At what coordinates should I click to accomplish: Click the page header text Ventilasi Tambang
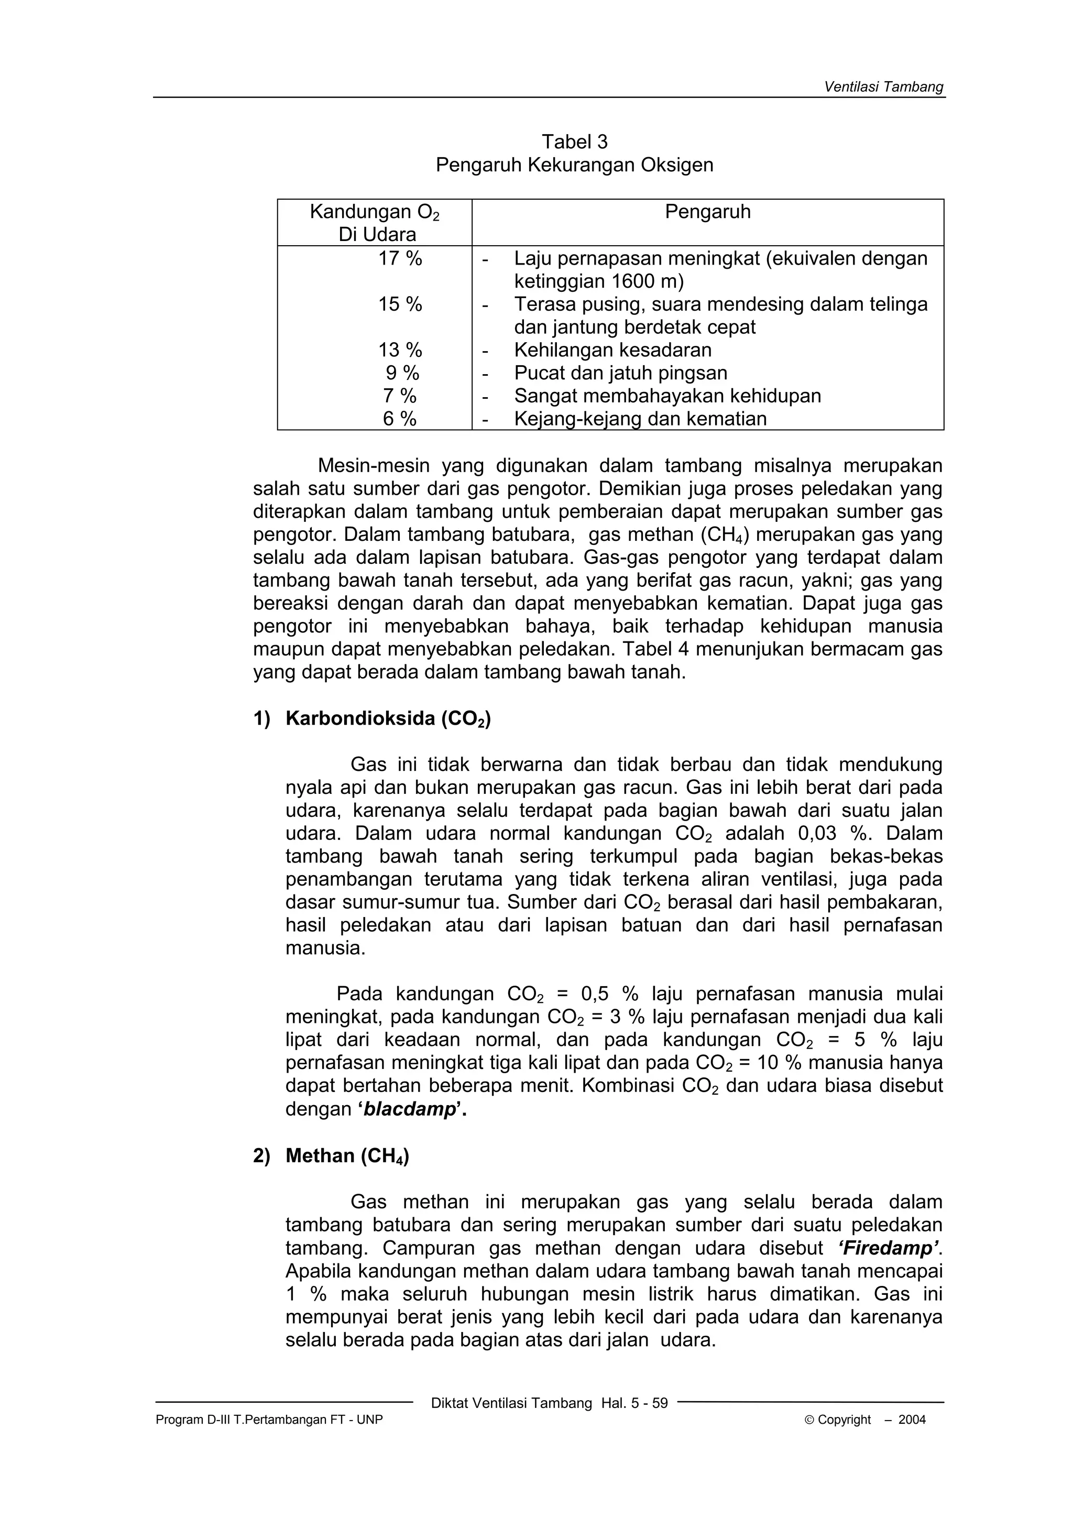(x=883, y=86)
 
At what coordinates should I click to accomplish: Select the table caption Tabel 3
(x=574, y=141)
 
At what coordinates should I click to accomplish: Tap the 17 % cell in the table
(x=400, y=258)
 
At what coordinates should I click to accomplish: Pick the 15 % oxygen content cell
(x=400, y=304)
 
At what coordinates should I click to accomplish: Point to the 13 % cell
(x=400, y=350)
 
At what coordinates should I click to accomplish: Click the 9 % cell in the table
(x=402, y=373)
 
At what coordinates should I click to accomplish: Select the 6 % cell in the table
(x=400, y=419)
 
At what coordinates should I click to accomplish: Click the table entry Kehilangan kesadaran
(x=612, y=350)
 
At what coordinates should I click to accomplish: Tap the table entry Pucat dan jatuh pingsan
(x=620, y=373)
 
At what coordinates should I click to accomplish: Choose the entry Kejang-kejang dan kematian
(x=640, y=419)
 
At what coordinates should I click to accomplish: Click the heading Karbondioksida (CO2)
(x=388, y=719)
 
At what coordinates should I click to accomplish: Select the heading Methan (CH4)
(x=347, y=1155)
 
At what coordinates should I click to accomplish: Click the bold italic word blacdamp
(x=410, y=1109)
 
